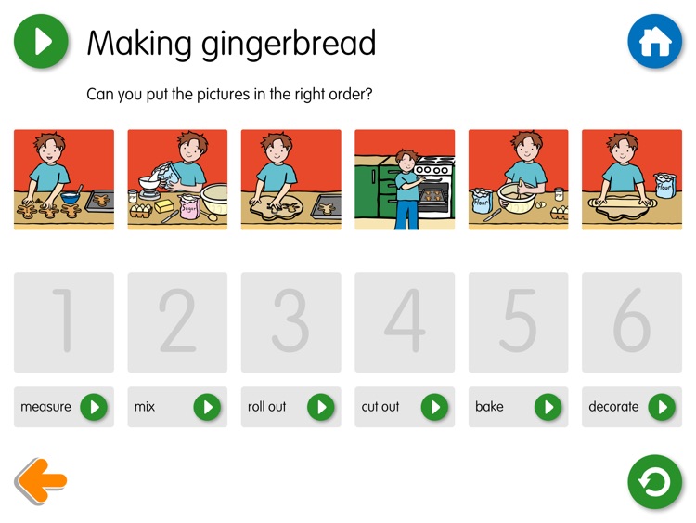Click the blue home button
click(654, 42)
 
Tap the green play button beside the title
click(41, 42)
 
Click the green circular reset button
click(654, 482)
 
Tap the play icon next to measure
click(94, 407)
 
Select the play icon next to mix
click(207, 407)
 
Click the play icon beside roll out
click(321, 407)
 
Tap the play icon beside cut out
click(434, 407)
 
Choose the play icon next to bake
click(548, 407)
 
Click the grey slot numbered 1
click(64, 322)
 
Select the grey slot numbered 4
click(405, 322)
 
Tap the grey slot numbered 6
click(632, 322)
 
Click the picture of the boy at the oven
click(405, 179)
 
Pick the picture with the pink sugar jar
click(177, 179)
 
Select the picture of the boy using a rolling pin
click(632, 179)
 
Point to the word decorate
click(613, 407)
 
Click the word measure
click(45, 407)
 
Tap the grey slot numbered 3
click(290, 322)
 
